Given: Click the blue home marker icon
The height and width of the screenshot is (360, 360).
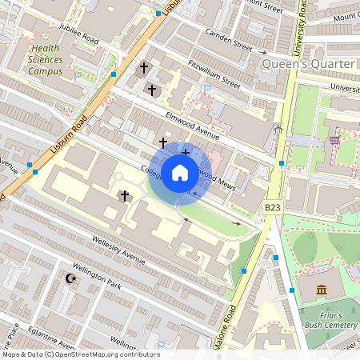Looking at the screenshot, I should [180, 173].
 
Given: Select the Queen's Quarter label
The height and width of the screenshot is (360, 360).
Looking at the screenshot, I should [308, 63].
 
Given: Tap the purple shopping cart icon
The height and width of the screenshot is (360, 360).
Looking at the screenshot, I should [334, 140].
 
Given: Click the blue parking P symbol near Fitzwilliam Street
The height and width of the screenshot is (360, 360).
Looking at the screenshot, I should [207, 88].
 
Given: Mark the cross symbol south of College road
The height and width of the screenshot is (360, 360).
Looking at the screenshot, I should [124, 195].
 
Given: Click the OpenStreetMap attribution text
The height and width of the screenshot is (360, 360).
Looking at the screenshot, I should [80, 354].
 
